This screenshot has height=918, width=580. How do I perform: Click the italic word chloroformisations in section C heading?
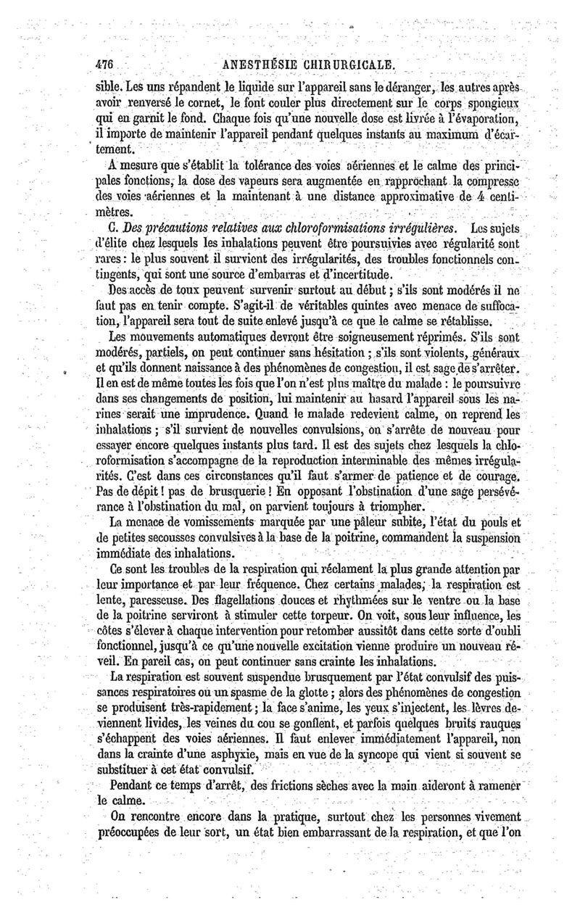(x=268, y=229)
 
